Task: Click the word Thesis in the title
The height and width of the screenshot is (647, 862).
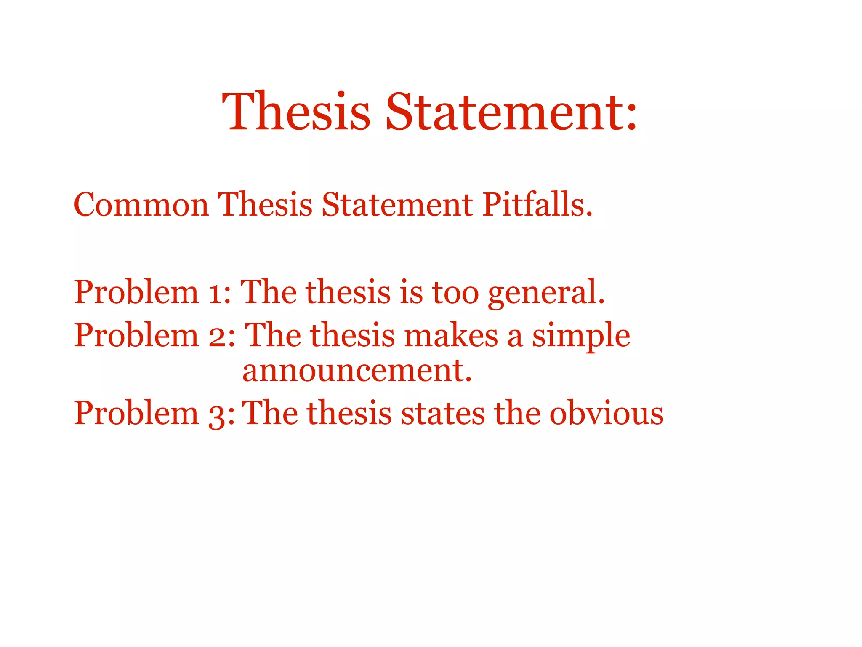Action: (296, 111)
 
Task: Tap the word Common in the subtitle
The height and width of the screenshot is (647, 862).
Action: (141, 205)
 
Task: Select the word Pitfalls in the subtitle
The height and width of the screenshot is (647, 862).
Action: (537, 204)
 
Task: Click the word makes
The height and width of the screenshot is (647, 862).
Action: (451, 336)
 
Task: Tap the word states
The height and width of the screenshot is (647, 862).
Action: (443, 414)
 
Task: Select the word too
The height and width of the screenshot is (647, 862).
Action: (455, 292)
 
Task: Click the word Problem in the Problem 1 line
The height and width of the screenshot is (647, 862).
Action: (136, 292)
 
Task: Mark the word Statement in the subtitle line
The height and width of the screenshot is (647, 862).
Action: (397, 205)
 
